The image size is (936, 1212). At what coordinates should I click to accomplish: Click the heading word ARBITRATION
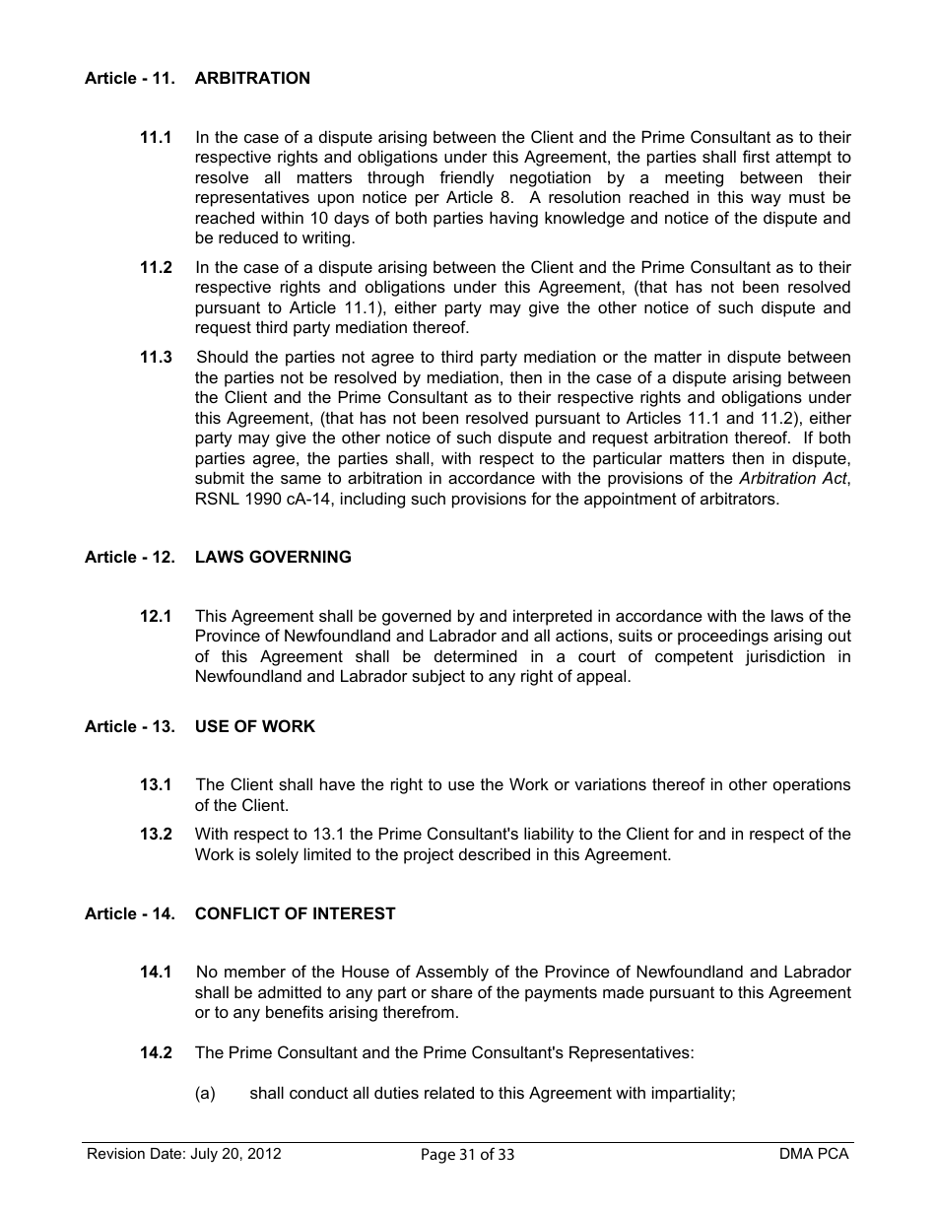(x=252, y=78)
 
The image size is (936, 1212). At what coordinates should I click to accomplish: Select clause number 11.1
(x=156, y=137)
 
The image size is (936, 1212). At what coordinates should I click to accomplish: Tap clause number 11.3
(x=156, y=357)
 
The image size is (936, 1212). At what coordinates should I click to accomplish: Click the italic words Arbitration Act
(x=793, y=478)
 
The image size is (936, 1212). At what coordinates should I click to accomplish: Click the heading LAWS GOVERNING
(x=273, y=557)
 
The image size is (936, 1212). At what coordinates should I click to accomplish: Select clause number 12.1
(x=156, y=616)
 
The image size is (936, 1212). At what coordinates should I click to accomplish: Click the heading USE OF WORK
(x=255, y=726)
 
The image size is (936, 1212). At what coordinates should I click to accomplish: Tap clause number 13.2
(x=156, y=834)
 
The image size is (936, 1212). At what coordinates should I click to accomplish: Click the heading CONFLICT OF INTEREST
(x=295, y=913)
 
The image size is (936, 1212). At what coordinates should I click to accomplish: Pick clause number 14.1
(x=156, y=972)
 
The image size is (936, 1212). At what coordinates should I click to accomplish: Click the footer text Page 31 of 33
(x=467, y=1155)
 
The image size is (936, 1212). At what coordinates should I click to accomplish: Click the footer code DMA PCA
(x=813, y=1154)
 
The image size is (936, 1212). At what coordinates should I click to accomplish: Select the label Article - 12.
(x=129, y=557)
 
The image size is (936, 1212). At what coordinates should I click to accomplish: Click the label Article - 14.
(x=129, y=913)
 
